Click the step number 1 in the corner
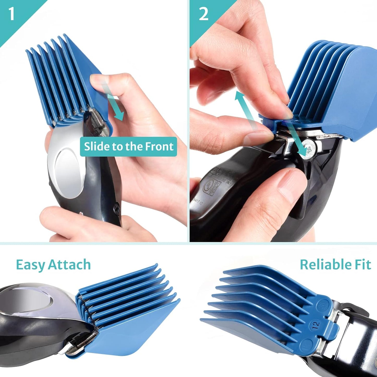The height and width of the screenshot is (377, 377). tap(11, 14)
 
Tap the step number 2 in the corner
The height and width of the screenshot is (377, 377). tap(204, 14)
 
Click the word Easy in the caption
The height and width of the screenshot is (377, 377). tap(31, 265)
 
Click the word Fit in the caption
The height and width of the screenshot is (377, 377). tap(363, 265)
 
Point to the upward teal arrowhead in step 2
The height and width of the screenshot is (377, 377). tap(240, 97)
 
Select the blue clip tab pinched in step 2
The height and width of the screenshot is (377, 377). tap(269, 123)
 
